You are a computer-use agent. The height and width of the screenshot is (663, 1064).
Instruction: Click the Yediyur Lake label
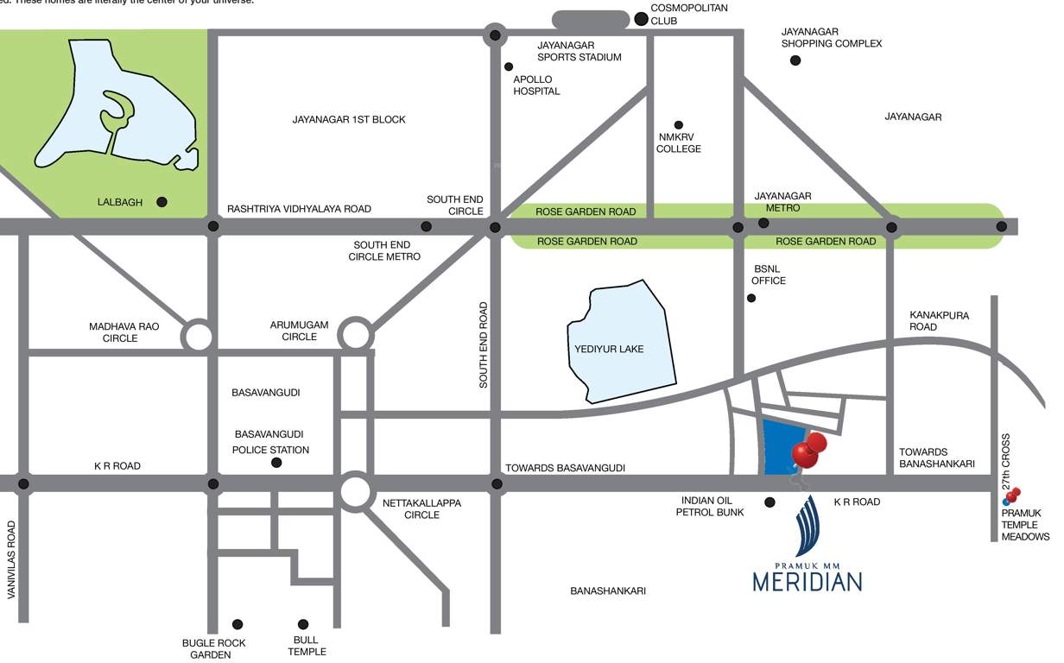pyautogui.click(x=609, y=350)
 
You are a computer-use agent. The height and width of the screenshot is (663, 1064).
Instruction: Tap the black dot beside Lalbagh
pyautogui.click(x=161, y=202)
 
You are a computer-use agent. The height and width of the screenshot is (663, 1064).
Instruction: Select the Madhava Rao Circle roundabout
pyautogui.click(x=198, y=336)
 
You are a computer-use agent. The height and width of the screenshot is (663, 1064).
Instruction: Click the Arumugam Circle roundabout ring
pyautogui.click(x=354, y=333)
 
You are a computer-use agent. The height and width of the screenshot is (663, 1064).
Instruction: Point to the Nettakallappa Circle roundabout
pyautogui.click(x=355, y=491)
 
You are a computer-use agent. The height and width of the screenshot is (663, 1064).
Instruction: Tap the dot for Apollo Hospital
pyautogui.click(x=509, y=66)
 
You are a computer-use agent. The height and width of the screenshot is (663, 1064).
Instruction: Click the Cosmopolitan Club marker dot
pyautogui.click(x=641, y=18)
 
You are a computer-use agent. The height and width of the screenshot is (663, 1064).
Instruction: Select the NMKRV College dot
pyautogui.click(x=679, y=125)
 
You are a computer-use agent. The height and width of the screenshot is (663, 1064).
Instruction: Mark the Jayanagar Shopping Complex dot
pyautogui.click(x=795, y=60)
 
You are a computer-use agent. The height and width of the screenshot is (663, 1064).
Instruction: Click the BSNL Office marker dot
pyautogui.click(x=751, y=298)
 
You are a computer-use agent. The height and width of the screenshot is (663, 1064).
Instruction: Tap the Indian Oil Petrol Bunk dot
pyautogui.click(x=769, y=502)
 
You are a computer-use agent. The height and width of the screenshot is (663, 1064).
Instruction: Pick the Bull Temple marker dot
pyautogui.click(x=303, y=624)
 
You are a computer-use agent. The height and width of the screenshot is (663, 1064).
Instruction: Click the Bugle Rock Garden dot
pyautogui.click(x=237, y=624)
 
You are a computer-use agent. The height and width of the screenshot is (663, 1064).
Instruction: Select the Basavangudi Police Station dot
pyautogui.click(x=276, y=463)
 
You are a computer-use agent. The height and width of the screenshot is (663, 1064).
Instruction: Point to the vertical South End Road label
pyautogui.click(x=484, y=344)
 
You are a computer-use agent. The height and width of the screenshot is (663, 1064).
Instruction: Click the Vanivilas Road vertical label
pyautogui.click(x=12, y=571)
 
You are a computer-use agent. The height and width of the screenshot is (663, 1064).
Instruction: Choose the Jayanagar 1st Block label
pyautogui.click(x=349, y=119)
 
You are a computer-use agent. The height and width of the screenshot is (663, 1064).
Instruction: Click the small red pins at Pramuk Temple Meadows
pyautogui.click(x=1012, y=495)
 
